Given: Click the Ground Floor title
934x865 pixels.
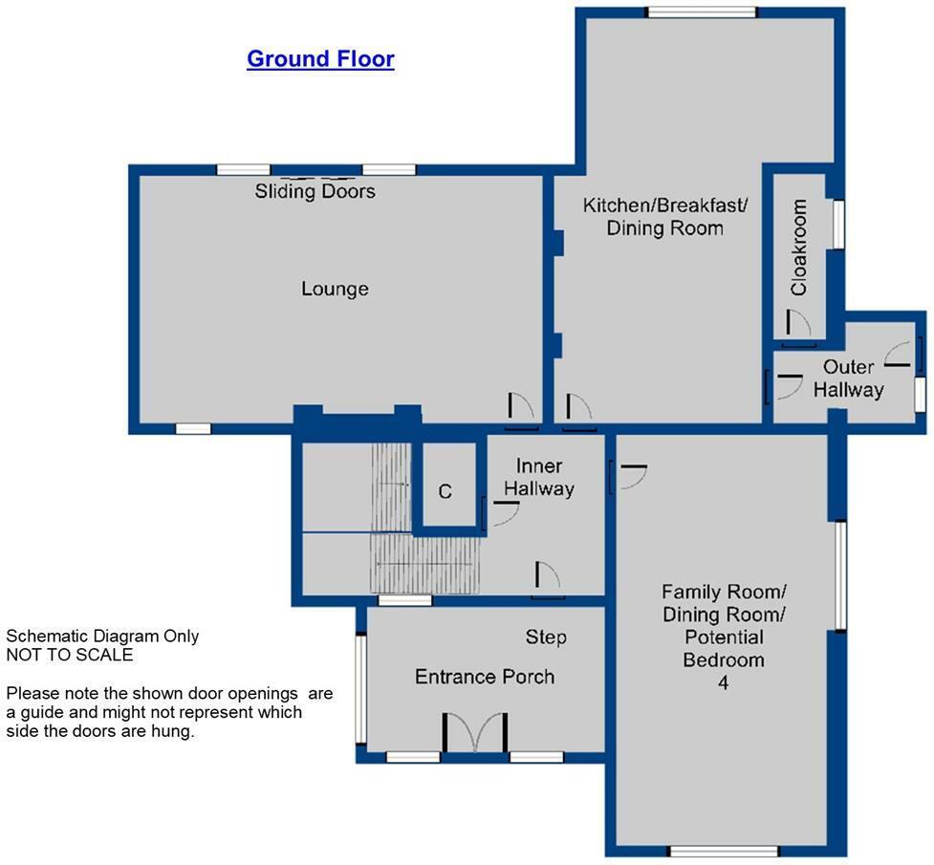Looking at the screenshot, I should point(320,59).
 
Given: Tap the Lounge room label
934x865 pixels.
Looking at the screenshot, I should point(335,289).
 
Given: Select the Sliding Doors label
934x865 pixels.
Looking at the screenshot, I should point(315,191).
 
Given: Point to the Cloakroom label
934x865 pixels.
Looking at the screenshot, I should point(799,247).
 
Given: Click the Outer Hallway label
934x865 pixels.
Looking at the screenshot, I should point(848,378).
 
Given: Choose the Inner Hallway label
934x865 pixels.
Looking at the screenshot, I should point(539,478).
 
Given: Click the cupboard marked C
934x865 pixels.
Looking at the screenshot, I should point(445,491).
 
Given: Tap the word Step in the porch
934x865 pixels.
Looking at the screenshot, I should point(546,638).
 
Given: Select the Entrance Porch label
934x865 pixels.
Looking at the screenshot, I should point(485,677).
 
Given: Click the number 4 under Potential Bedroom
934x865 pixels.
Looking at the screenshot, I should point(723,683).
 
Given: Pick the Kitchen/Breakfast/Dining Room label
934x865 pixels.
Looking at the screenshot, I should point(665,217).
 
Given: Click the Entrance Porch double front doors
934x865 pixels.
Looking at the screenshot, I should point(475,733).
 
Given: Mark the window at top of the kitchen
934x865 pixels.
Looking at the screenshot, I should point(702,12).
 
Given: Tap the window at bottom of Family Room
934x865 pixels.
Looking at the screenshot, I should point(723,851).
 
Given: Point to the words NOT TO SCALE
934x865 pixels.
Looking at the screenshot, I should point(70,655).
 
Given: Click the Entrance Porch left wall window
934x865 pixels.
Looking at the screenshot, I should point(361,688).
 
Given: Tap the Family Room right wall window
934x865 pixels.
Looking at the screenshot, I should point(841,575).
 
